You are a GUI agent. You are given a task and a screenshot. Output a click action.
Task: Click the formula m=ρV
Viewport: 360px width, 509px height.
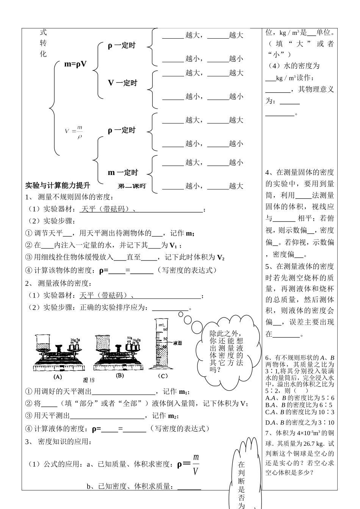(x=75, y=64)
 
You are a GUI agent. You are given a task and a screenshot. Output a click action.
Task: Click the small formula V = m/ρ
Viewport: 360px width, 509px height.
(x=74, y=132)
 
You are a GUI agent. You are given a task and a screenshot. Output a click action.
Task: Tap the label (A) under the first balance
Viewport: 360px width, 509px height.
(x=58, y=376)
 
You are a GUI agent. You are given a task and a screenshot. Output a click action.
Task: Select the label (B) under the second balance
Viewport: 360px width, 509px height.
(x=120, y=375)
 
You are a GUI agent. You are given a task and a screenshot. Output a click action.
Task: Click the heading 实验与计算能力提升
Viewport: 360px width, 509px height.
(x=58, y=186)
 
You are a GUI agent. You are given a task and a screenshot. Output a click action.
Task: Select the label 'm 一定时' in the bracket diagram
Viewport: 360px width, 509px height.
(x=123, y=173)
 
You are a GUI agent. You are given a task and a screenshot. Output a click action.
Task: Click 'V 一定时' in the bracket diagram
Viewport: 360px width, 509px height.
(x=122, y=83)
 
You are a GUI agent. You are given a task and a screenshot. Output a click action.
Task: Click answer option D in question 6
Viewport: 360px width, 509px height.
(x=300, y=422)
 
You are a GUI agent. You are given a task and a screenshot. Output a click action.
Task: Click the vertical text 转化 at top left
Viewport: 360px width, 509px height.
(x=43, y=48)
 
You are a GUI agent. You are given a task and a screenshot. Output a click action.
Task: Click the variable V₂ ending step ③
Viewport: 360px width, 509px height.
(x=221, y=258)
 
